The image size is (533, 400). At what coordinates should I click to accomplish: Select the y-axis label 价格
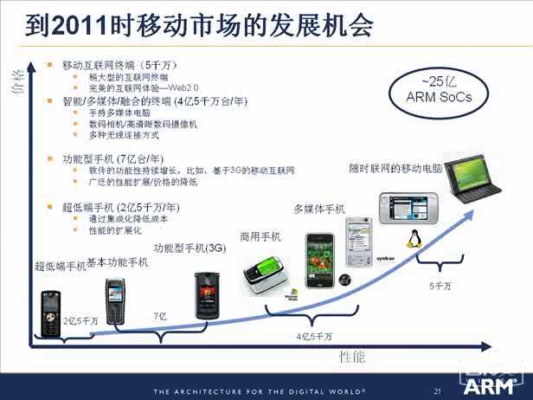16,82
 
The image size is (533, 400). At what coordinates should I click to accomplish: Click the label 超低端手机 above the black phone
61,266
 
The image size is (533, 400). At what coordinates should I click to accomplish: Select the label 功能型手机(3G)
189,248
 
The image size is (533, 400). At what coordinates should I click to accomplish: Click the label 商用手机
260,236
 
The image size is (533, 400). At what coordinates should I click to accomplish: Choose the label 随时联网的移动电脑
395,166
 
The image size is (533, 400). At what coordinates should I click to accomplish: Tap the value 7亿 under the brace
160,317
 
